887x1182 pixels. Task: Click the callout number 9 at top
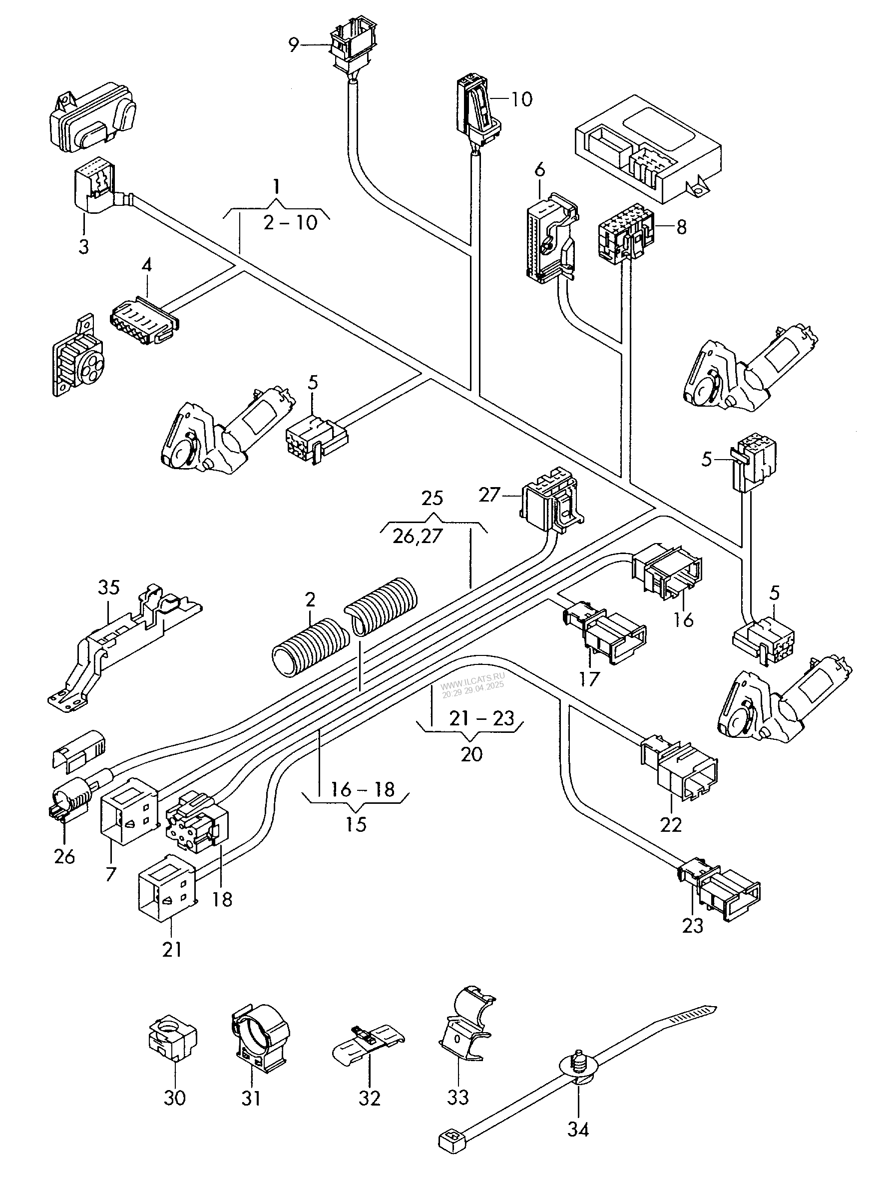coord(293,45)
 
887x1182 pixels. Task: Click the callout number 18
coord(222,899)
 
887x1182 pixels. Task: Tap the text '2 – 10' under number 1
coord(290,222)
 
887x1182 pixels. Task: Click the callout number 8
coord(681,227)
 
